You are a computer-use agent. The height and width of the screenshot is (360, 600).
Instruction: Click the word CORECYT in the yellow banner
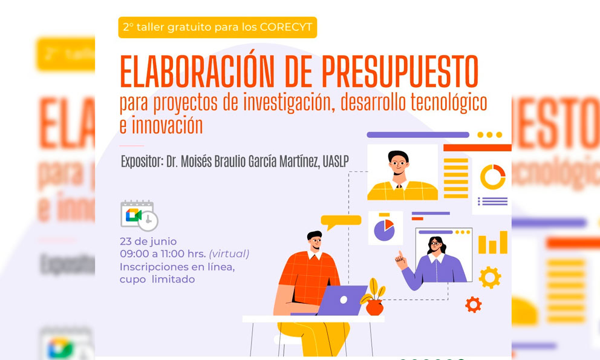(x=286, y=27)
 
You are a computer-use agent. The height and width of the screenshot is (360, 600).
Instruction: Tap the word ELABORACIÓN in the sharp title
(x=197, y=71)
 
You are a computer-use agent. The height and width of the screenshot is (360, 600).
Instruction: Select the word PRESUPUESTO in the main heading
(x=400, y=71)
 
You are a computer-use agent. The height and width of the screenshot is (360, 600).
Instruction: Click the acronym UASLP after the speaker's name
(x=336, y=162)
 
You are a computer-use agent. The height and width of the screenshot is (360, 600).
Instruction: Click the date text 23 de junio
(x=148, y=241)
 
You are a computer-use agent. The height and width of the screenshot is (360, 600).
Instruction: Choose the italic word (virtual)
(x=229, y=254)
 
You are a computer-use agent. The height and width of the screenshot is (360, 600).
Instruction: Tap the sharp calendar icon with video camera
(x=139, y=215)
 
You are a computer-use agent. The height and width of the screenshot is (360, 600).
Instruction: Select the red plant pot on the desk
(x=374, y=307)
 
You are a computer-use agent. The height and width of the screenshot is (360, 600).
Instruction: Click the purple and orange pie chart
(x=384, y=230)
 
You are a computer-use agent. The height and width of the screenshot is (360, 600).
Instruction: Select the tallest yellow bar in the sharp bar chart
(x=504, y=242)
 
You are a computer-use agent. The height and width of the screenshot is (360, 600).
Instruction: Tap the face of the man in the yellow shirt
(x=399, y=165)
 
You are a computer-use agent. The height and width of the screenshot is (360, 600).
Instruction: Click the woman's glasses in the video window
(x=435, y=243)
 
